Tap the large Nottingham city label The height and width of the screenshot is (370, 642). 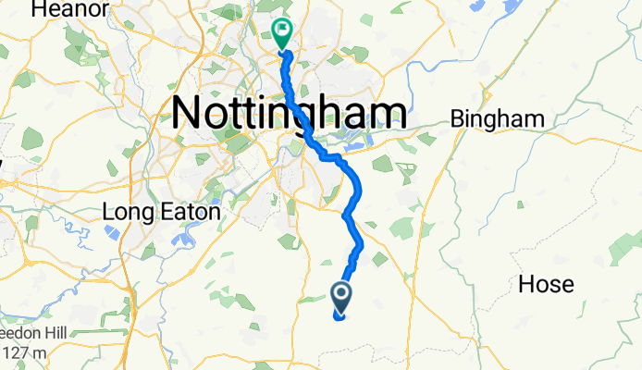coord(289,113)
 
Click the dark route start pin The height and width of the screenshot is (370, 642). coord(340,295)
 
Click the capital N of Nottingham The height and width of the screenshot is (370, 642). coord(190,113)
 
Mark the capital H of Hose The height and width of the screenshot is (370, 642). coord(527,283)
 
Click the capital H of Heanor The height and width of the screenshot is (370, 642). coord(38,9)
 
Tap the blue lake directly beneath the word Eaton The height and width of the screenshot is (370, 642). coord(185,238)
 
